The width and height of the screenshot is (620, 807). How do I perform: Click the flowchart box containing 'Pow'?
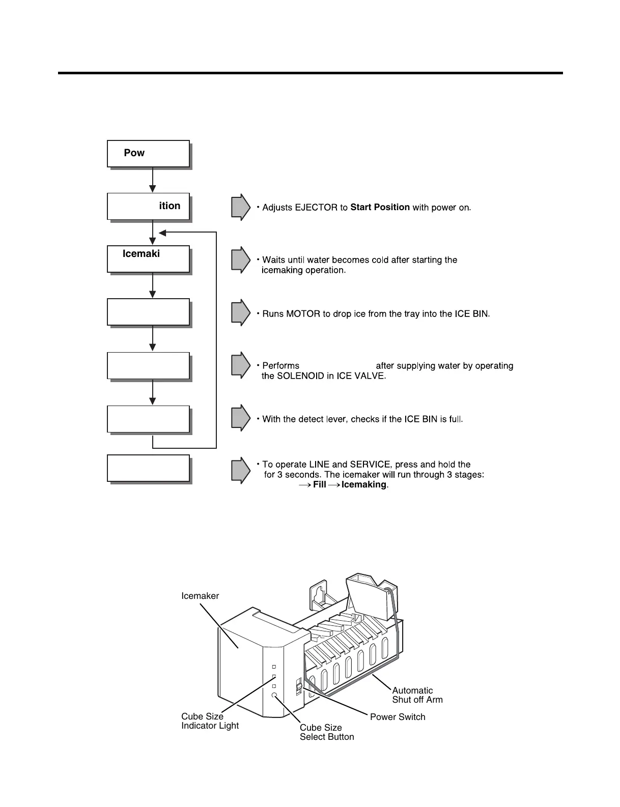point(148,154)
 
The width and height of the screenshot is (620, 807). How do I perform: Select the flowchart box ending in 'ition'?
point(148,206)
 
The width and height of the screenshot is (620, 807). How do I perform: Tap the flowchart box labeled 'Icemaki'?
point(148,259)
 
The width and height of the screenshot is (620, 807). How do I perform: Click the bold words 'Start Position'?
point(380,207)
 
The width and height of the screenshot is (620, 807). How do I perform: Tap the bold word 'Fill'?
point(320,484)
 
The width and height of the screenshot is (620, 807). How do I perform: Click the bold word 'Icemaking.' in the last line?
point(365,484)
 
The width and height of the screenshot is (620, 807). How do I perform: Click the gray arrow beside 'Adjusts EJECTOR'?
point(240,207)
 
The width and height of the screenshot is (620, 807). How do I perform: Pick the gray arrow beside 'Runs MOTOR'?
point(240,312)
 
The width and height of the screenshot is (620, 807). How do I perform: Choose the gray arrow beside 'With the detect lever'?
point(240,418)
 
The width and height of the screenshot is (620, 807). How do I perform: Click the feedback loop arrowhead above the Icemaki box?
point(162,233)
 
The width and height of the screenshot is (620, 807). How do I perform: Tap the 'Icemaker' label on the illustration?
point(200,596)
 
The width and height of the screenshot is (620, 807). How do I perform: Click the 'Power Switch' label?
point(398,717)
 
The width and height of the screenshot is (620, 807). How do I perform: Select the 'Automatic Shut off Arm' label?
point(417,695)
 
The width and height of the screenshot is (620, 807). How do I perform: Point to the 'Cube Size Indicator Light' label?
point(210,721)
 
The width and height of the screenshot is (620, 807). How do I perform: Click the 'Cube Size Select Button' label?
point(326,732)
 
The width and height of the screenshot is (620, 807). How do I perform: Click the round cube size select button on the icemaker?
point(274,695)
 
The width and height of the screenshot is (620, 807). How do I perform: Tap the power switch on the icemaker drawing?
point(299,687)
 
